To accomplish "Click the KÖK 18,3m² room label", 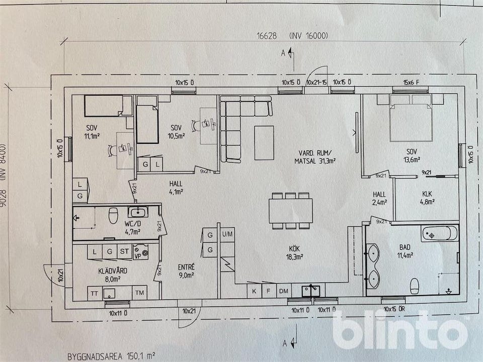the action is point(295,252).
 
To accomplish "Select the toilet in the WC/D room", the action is point(113,215).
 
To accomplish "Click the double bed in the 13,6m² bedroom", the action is point(411,118).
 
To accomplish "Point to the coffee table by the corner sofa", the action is point(264,142).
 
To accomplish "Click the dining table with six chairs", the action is point(291,211).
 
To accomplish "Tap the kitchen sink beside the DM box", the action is point(311,291).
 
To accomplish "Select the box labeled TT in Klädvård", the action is point(95,293).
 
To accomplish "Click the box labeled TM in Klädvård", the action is point(139,293).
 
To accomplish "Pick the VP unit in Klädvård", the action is point(140,252).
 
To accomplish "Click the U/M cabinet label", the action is point(227,234).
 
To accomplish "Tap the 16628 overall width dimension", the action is point(267,36).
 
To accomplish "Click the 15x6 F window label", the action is point(411,82).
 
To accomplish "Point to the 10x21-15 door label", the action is point(316,82).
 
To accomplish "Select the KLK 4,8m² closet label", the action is point(427,198).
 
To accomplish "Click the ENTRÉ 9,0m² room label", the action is point(186,271).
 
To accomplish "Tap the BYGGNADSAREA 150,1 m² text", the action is point(111,356).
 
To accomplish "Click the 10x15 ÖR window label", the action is point(394,309).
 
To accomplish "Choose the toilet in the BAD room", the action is point(415,286).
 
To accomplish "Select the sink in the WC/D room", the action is point(138,212).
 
